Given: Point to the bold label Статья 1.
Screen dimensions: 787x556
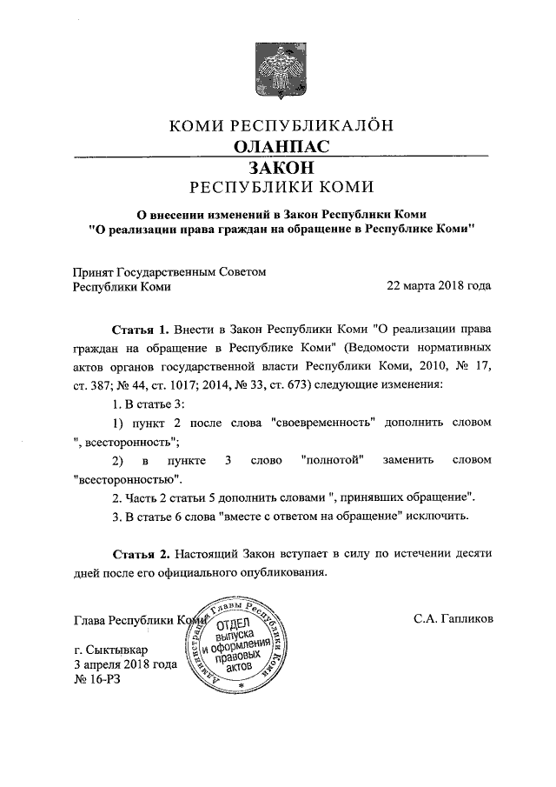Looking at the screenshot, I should click(140, 331).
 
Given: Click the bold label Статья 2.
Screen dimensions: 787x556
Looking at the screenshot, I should click(140, 554).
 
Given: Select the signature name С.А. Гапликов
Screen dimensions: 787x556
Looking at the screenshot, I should click(453, 620).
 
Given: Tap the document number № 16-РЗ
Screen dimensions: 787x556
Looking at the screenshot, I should click(96, 678).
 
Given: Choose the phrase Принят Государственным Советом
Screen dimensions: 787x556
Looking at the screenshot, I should click(169, 271).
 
